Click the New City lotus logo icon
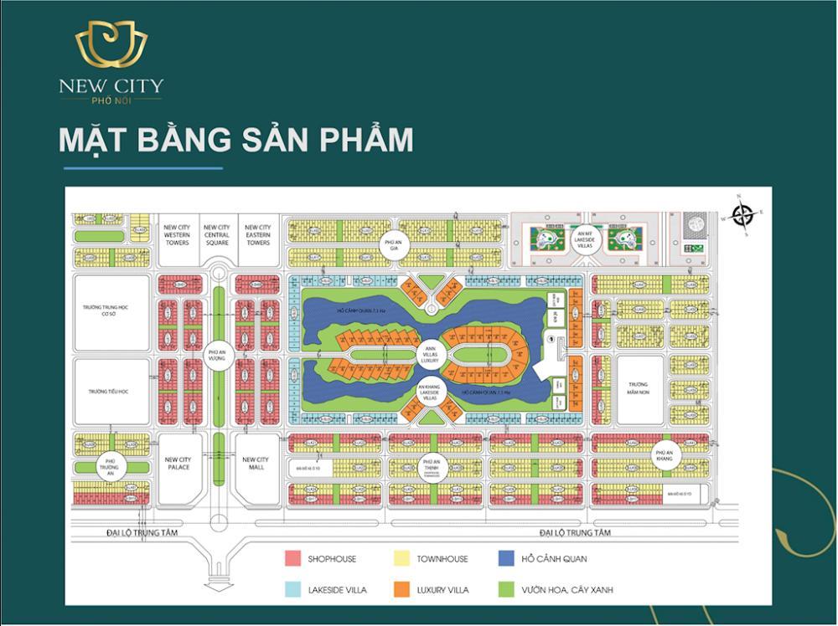click(111, 46)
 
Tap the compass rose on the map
click(741, 215)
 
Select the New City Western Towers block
click(177, 235)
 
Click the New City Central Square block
click(217, 235)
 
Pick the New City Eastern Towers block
click(257, 235)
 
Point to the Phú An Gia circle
click(390, 244)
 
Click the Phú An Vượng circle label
click(218, 356)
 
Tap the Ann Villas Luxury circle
click(431, 355)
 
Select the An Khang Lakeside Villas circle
click(431, 394)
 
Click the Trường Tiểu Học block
click(111, 391)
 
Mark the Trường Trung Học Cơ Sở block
click(111, 312)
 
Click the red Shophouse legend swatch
click(292, 558)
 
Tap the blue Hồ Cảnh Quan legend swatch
click(505, 558)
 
